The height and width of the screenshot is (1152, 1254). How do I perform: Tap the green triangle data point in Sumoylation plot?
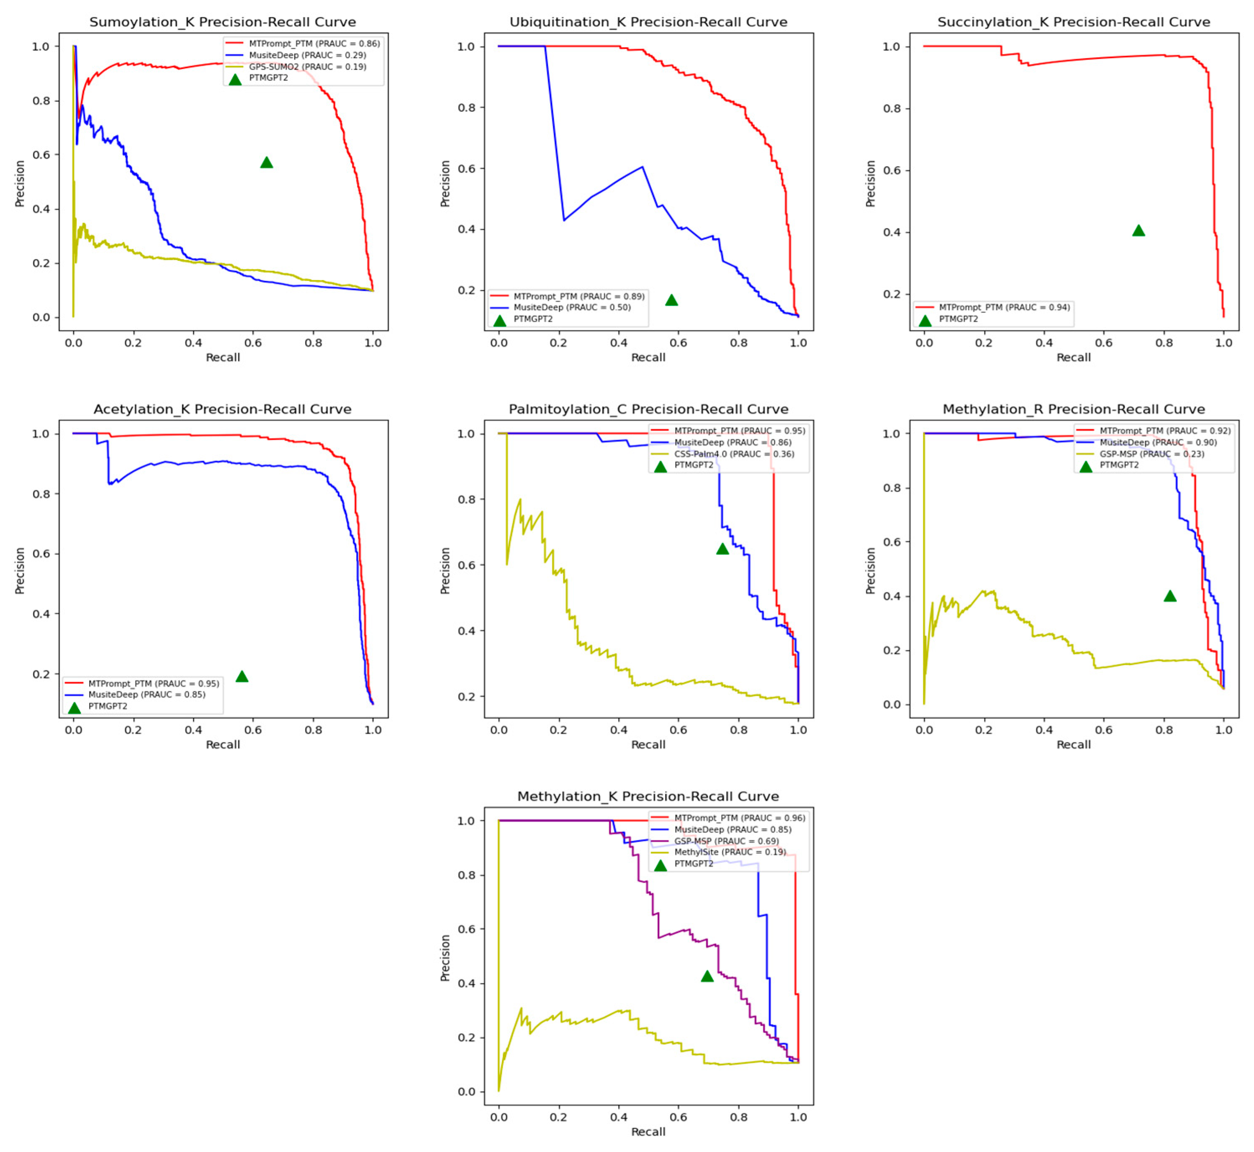click(266, 163)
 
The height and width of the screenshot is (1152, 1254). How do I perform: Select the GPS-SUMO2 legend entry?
click(307, 67)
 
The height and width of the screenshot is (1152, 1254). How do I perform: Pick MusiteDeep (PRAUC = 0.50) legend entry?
click(572, 307)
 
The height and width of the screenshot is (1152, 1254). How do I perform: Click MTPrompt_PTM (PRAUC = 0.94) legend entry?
click(1004, 307)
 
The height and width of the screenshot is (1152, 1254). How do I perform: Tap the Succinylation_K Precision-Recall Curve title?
click(1073, 22)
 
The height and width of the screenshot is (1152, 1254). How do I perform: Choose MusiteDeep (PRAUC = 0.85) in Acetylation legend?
click(146, 695)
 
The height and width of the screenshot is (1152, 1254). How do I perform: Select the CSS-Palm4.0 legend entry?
click(734, 454)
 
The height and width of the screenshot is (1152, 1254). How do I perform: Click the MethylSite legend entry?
click(730, 852)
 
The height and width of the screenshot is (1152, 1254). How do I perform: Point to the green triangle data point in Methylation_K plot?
click(707, 977)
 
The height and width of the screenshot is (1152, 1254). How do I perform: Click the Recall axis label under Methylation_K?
click(648, 1131)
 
